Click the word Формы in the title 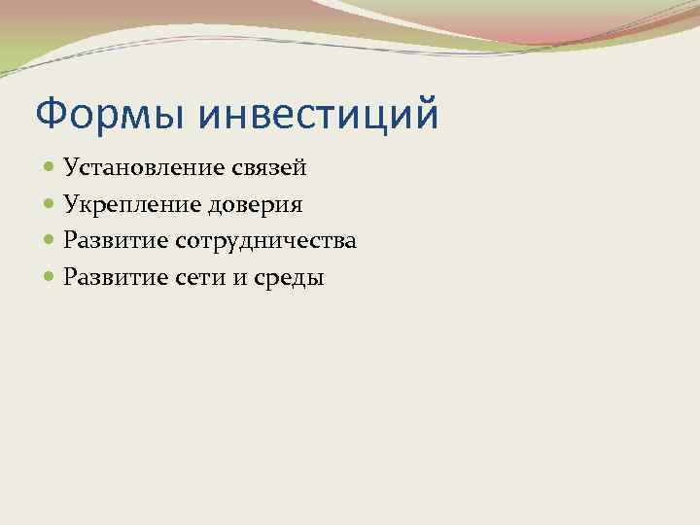(108, 114)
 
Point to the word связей (269, 167)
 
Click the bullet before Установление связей (50, 168)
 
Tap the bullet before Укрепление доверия (50, 205)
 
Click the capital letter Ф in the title (49, 114)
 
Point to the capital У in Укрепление (71, 205)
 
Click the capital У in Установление (71, 167)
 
